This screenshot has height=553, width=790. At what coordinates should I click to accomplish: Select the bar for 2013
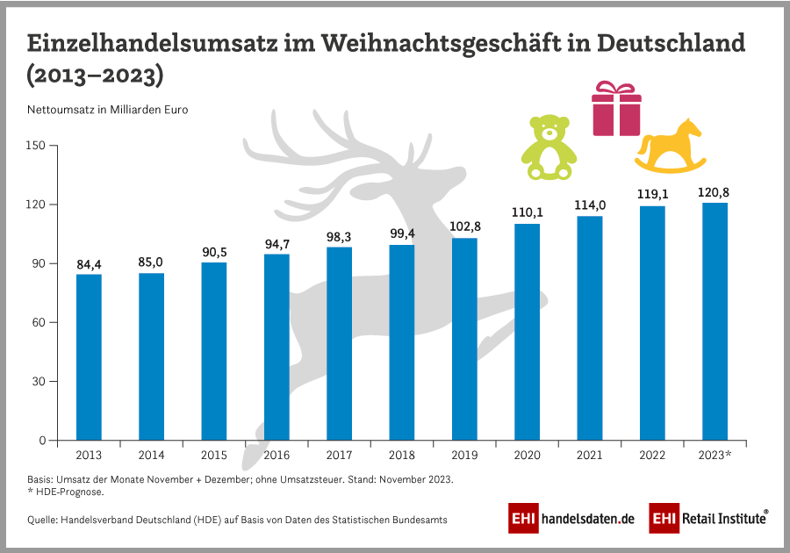click(89, 357)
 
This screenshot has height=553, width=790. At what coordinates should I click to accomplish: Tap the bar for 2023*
click(715, 321)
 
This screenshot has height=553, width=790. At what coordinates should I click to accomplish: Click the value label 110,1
click(527, 212)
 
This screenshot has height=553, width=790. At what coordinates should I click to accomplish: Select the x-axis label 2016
click(276, 456)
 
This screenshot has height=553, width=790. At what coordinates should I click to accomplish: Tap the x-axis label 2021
click(590, 456)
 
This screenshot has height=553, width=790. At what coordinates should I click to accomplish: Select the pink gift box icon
click(616, 108)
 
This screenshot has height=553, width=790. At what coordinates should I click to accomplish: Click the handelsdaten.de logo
click(571, 519)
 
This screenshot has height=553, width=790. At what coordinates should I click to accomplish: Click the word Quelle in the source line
click(43, 520)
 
